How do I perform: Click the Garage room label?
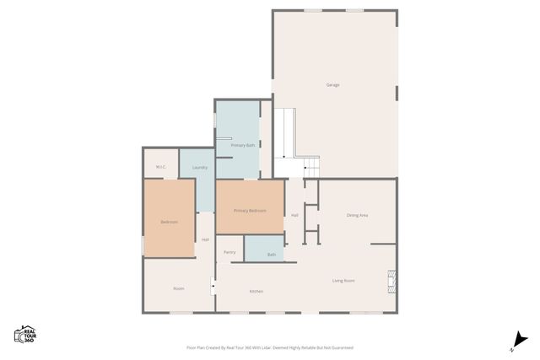[x=332, y=85]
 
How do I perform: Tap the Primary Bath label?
[x=243, y=146]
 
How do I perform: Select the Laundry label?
[x=200, y=167]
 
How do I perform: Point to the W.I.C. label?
[x=160, y=167]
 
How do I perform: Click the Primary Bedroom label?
[x=250, y=210]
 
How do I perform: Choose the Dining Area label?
[x=357, y=215]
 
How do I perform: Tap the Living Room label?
[x=343, y=280]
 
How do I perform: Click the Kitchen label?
[x=256, y=291]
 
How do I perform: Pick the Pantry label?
[x=229, y=251]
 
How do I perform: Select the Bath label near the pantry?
[x=272, y=254]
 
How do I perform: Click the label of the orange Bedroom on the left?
[x=169, y=222]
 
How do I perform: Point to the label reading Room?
[x=179, y=288]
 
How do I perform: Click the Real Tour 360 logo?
[x=25, y=334]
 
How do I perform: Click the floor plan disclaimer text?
[x=270, y=347]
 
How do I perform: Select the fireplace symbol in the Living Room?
[x=391, y=281]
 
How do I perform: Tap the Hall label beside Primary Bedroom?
[x=294, y=215]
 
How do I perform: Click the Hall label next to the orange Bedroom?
[x=205, y=239]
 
